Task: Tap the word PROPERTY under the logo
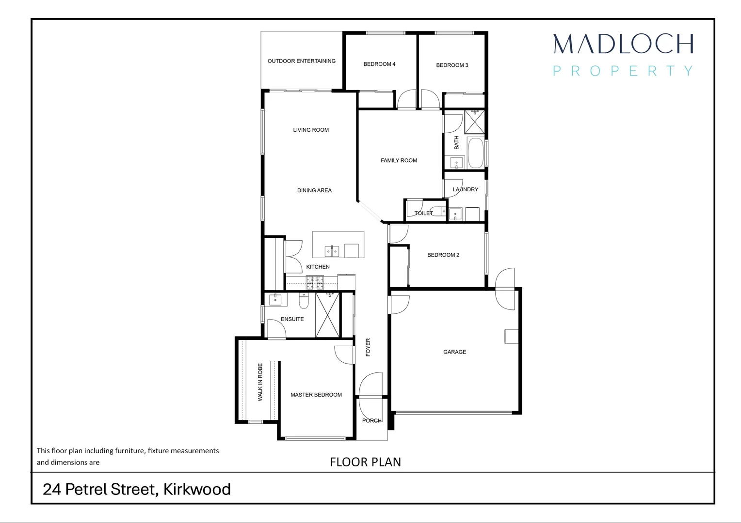click(623, 71)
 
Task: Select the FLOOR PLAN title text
click(365, 462)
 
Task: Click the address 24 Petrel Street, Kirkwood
click(136, 489)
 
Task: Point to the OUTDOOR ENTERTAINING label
click(301, 61)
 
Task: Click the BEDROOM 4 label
click(379, 64)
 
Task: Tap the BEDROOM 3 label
click(452, 65)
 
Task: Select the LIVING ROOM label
click(311, 130)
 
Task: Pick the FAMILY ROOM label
click(399, 160)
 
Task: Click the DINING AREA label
click(314, 190)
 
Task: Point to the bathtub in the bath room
click(476, 154)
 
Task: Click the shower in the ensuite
click(327, 315)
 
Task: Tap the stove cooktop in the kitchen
click(315, 283)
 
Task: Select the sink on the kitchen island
click(332, 251)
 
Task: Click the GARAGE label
click(454, 352)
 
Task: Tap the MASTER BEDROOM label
click(316, 395)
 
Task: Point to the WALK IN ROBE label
click(260, 382)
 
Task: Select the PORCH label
click(372, 420)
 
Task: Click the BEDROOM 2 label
click(443, 255)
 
